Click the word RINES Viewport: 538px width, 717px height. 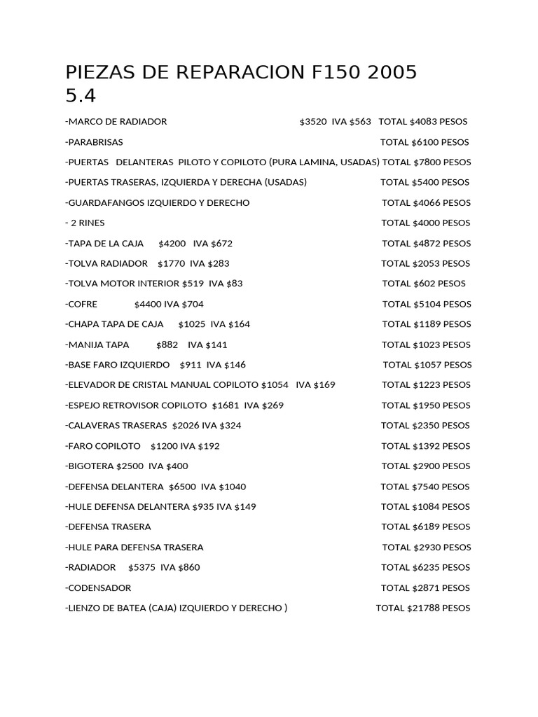tap(91, 223)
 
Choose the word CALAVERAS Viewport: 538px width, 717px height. tap(96, 426)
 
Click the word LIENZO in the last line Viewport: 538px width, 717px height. tap(85, 608)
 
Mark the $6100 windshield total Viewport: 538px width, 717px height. tap(427, 142)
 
